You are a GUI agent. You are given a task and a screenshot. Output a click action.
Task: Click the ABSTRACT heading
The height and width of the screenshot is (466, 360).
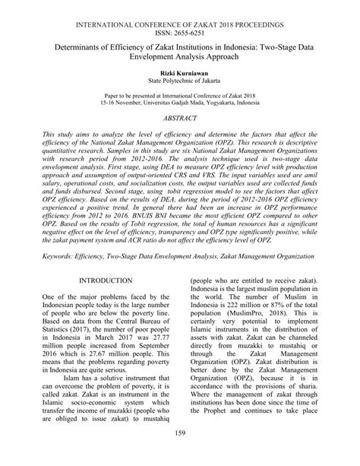coord(180,119)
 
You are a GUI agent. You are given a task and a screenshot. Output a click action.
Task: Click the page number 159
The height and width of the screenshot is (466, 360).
coord(180,455)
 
